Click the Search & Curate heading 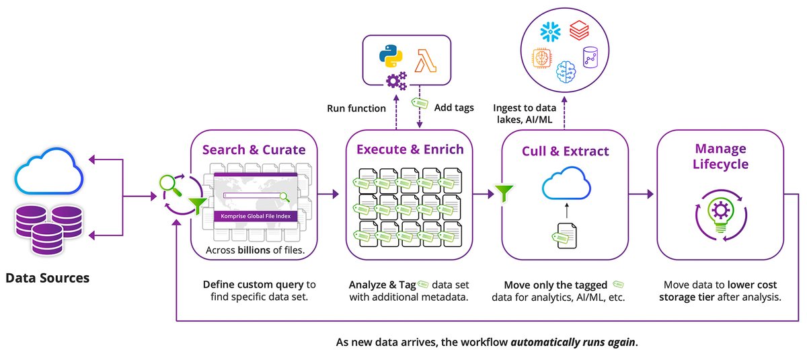click(x=250, y=149)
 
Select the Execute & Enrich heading click(x=410, y=149)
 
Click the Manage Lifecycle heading click(x=720, y=156)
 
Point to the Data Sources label click(x=47, y=277)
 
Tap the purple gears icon click(x=396, y=81)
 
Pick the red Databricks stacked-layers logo click(x=579, y=30)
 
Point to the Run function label click(x=356, y=108)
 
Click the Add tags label click(x=455, y=108)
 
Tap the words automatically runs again click(x=572, y=341)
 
